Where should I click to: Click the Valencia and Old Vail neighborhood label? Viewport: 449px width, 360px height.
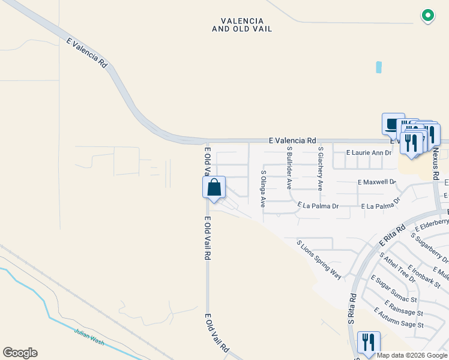[x=242, y=25]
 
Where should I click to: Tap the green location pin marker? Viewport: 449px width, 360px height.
[x=427, y=16]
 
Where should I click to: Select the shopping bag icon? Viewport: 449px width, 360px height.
[x=214, y=188]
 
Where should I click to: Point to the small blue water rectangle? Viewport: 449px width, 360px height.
[x=379, y=67]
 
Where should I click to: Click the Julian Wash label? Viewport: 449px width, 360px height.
[x=89, y=335]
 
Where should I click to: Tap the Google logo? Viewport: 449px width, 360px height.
[x=20, y=353]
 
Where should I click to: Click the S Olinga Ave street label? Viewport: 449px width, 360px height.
[x=263, y=188]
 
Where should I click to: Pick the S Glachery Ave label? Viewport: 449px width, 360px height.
[x=321, y=169]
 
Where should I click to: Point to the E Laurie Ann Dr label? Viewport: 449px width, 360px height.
[x=369, y=153]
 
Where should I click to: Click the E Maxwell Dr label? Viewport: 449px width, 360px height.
[x=376, y=181]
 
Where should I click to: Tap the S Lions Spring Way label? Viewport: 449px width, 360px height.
[x=319, y=260]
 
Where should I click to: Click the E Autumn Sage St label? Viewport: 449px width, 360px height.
[x=399, y=318]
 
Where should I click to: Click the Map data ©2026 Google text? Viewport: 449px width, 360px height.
[x=412, y=355]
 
